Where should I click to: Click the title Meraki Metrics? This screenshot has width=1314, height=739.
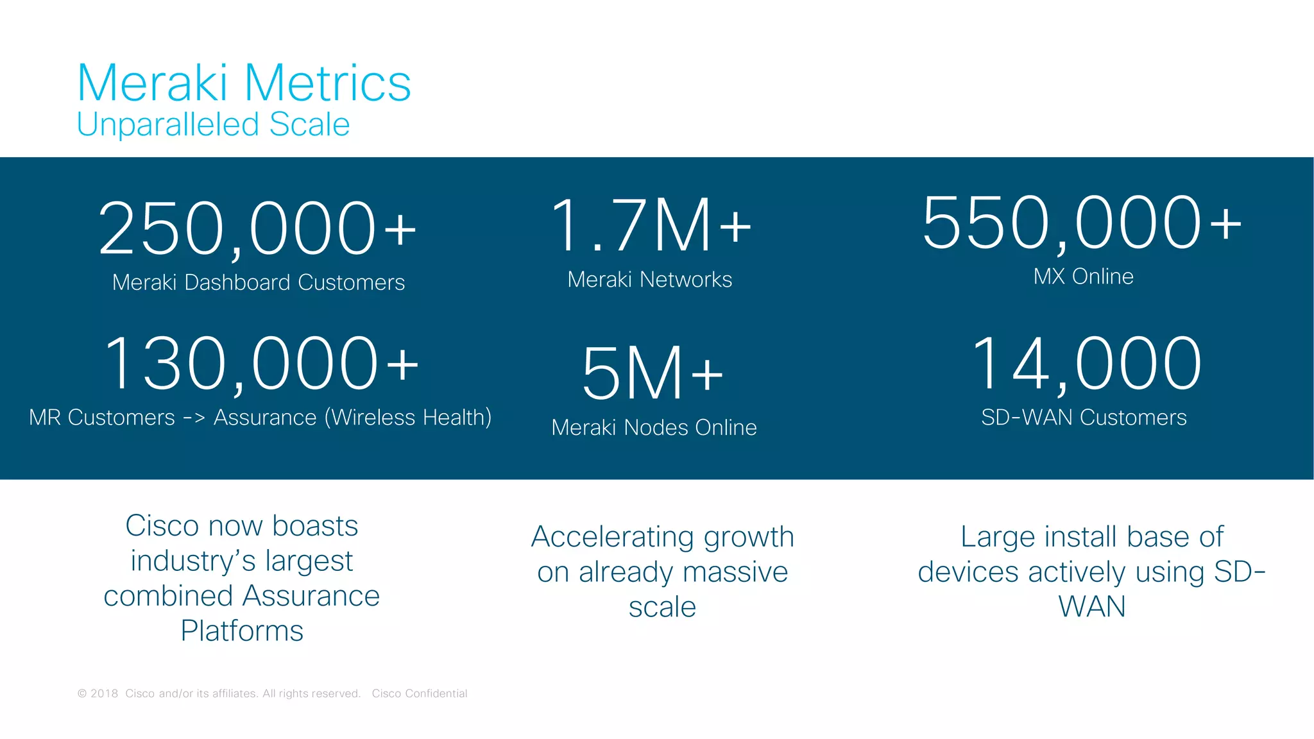click(x=244, y=83)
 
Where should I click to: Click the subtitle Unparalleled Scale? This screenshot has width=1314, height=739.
click(x=213, y=124)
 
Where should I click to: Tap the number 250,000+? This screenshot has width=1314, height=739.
click(x=257, y=228)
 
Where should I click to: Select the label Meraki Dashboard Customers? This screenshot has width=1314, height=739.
click(x=258, y=282)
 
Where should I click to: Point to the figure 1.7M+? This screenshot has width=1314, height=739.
click(x=650, y=225)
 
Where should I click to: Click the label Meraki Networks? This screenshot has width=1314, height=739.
click(x=649, y=280)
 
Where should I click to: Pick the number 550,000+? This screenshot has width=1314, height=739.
click(x=1082, y=223)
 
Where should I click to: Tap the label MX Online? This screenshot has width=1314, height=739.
click(x=1083, y=276)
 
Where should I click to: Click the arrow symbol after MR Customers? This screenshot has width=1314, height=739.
click(x=194, y=418)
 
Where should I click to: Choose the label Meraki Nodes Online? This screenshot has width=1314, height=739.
click(x=654, y=428)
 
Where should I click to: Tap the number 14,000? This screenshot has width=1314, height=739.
click(x=1086, y=364)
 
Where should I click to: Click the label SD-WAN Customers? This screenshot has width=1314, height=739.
click(x=1084, y=418)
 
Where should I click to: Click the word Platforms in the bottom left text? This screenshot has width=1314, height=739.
click(x=242, y=631)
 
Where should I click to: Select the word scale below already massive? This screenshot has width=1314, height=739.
click(x=662, y=607)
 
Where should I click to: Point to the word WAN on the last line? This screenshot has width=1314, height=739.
click(x=1091, y=607)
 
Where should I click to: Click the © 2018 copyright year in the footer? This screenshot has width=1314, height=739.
click(x=98, y=693)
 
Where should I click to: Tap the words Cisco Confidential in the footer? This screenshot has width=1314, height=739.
click(x=420, y=693)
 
